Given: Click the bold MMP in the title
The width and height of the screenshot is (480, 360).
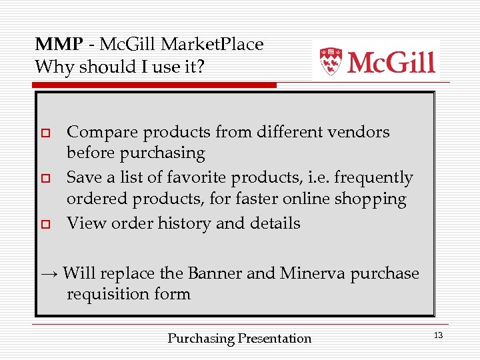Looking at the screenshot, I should (59, 45).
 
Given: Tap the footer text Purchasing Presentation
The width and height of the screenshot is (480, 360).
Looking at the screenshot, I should (239, 339).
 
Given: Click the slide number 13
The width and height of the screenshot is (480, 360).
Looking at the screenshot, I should (438, 335).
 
